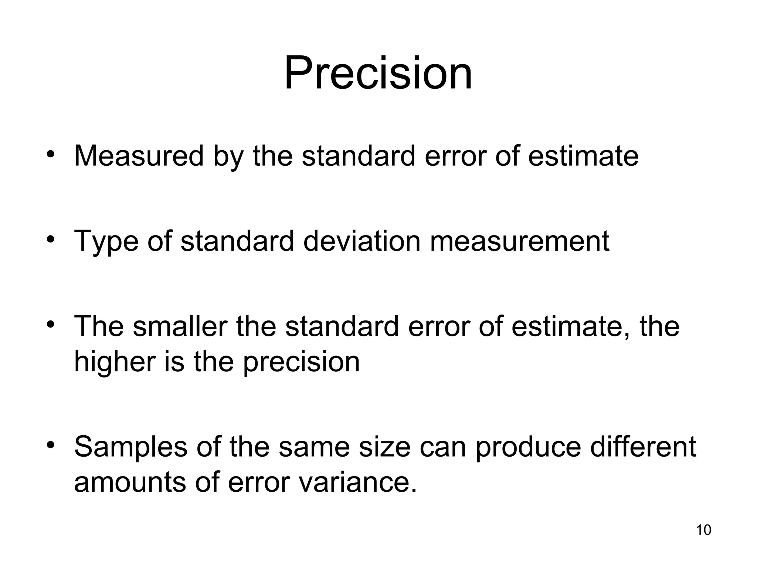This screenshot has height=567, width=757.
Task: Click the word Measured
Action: pyautogui.click(x=139, y=156)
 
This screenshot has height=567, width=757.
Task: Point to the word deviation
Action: pyautogui.click(x=361, y=241)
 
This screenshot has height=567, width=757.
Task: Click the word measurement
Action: pyautogui.click(x=519, y=241)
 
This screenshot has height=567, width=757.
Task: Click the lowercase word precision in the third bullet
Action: pyautogui.click(x=301, y=362)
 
